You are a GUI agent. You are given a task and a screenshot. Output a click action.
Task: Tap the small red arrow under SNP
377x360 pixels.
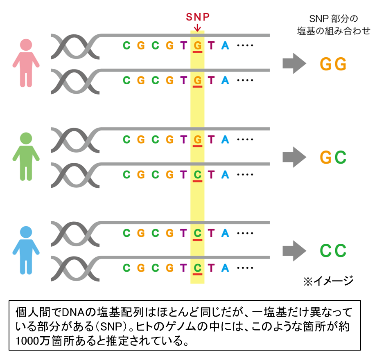click(197, 27)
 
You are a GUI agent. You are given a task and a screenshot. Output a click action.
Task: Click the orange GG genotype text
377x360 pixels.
click(333, 64)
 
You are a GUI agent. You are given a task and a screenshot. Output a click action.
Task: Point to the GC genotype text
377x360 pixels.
click(333, 157)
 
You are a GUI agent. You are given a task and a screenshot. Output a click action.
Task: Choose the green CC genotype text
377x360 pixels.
click(333, 251)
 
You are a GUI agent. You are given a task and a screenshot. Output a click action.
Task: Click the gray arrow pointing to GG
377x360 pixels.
click(294, 64)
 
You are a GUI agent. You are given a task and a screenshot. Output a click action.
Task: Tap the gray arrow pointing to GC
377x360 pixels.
click(294, 157)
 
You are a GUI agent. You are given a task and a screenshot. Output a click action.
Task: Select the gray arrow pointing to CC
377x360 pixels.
click(294, 250)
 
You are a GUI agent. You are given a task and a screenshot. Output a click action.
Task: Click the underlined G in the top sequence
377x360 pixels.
click(197, 45)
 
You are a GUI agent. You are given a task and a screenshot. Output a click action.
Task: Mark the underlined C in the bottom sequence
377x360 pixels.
click(197, 268)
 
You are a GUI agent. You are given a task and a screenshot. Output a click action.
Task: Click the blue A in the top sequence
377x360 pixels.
click(225, 45)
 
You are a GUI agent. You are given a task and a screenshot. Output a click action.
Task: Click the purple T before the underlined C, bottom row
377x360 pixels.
click(183, 268)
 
